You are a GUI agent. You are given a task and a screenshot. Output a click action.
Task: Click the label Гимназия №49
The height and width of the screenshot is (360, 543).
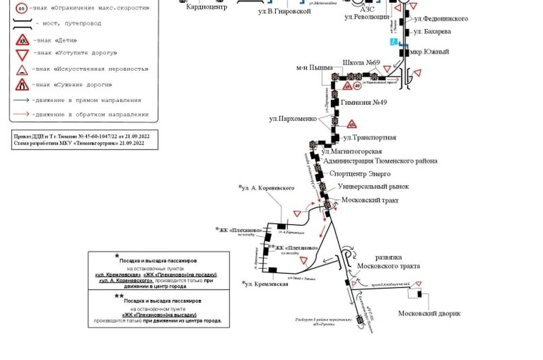coord(364,102)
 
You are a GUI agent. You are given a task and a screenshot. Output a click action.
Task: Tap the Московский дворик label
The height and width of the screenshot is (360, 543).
coord(429,314)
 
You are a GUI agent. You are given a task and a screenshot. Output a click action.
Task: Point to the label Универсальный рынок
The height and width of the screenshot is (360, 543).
coord(373,186)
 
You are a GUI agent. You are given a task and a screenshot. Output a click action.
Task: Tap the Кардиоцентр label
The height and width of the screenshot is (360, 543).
coord(206,8)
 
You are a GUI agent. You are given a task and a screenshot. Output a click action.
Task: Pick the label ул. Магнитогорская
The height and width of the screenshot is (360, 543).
coord(351,151)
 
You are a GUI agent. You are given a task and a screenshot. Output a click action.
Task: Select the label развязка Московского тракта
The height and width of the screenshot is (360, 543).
coord(388,261)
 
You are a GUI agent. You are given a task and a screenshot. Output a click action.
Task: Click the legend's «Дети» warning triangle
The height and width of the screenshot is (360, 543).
coord(22,40)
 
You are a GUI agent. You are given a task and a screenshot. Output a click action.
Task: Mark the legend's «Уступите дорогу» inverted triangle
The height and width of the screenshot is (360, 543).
coord(22,55)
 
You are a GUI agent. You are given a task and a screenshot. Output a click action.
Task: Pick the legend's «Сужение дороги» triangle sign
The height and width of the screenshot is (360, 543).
coord(22,85)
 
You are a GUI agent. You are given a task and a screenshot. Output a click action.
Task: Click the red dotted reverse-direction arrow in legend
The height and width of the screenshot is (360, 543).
coord(22,114)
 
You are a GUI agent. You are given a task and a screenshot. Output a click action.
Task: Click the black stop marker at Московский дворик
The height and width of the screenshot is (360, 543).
coord(419,294)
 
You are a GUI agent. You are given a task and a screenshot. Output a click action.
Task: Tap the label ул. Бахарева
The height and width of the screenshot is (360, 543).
coord(432,31)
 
